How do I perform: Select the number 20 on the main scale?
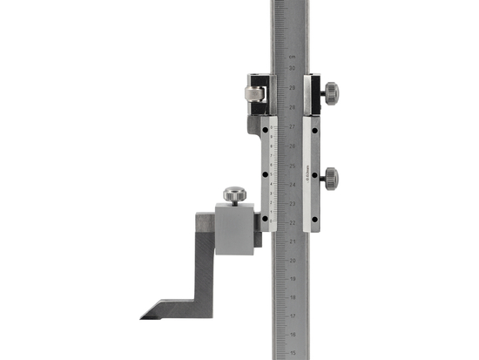[292, 260]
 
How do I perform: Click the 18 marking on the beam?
[292, 298]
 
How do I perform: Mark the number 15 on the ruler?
[292, 353]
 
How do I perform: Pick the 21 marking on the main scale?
[292, 241]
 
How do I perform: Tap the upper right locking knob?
[330, 92]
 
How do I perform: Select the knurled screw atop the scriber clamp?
[233, 194]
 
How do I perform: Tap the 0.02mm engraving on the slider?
[309, 174]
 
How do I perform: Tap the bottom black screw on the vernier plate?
[264, 219]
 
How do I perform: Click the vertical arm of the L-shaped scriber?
[204, 262]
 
